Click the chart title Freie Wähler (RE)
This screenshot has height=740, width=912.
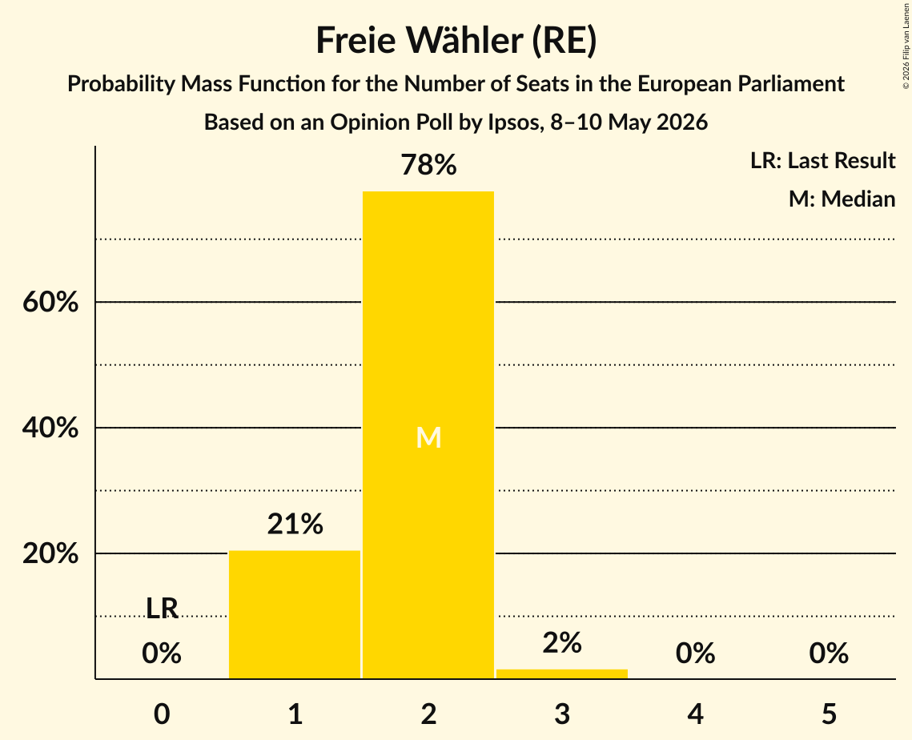pos(456,41)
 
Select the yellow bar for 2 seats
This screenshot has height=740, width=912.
pos(428,435)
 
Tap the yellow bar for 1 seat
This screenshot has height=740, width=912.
pos(295,614)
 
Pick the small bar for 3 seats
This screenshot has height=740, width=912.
pos(562,674)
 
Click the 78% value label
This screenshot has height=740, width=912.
pos(428,165)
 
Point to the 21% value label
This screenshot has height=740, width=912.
pos(295,524)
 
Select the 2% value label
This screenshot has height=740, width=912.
pos(562,643)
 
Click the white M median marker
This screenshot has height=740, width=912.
pos(428,437)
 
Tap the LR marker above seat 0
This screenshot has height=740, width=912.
pos(162,609)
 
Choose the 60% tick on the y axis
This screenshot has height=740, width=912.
pos(50,302)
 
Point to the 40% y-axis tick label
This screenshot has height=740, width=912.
pos(50,428)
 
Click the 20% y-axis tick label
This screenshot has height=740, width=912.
pos(50,553)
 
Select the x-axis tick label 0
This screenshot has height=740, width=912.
pos(162,714)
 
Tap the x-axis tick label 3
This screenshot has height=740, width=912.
pos(562,714)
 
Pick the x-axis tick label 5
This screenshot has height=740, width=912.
pos(829,714)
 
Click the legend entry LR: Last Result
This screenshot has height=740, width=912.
pos(822,160)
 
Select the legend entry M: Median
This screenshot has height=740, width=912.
pos(842,199)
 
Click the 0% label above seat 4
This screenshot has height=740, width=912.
pos(696,654)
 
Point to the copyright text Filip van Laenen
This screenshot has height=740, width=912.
pos(906,30)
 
